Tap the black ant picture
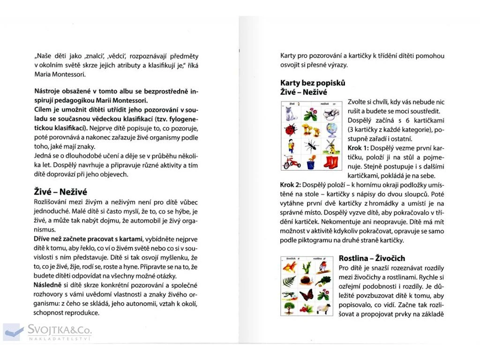tap(311, 147)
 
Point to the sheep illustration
tap(324, 308)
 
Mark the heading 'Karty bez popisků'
tap(313, 83)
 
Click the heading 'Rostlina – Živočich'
tap(371, 258)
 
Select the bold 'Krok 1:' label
tap(358, 148)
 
